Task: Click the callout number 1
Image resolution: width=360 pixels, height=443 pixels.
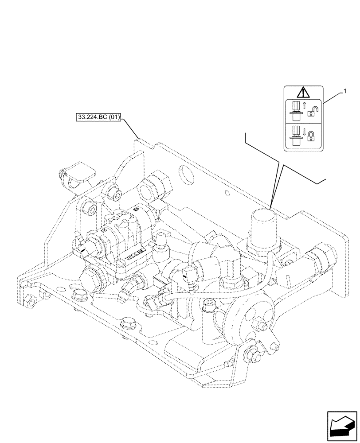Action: (343, 91)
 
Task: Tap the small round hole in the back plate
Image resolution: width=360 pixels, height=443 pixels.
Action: (227, 194)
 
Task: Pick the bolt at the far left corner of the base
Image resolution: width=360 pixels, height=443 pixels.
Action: (30, 301)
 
